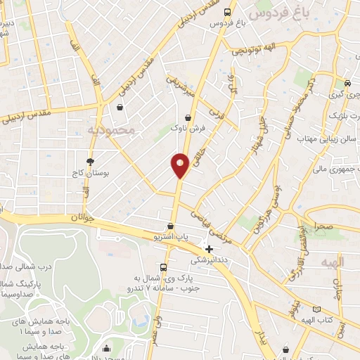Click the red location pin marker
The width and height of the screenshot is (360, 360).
(x=180, y=165)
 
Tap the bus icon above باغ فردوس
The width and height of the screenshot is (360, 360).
(x=227, y=12)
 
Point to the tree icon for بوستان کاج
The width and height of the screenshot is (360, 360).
(x=90, y=162)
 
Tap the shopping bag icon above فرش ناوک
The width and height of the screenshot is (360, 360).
(x=188, y=118)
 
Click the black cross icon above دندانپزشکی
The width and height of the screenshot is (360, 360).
(x=209, y=248)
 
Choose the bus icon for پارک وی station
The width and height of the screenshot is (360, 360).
(x=163, y=268)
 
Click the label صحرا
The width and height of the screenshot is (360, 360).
(x=324, y=227)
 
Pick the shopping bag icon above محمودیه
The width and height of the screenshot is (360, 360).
(x=120, y=108)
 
